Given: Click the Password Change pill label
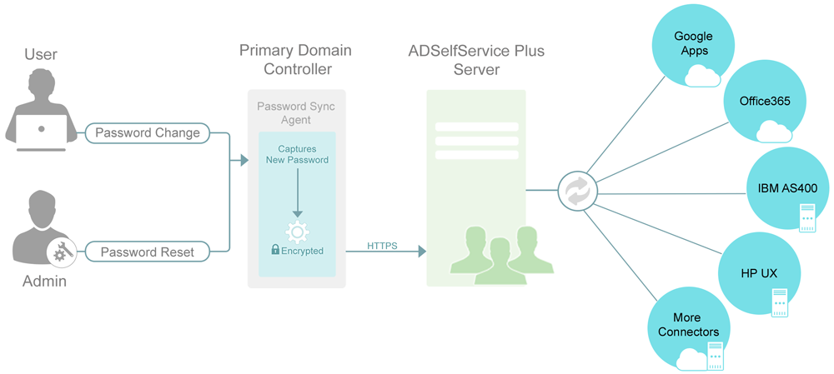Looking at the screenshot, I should [x=148, y=132].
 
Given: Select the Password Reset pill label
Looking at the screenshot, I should [x=147, y=252].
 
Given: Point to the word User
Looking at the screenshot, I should [x=41, y=54].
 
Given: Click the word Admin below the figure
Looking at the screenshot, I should [x=44, y=282].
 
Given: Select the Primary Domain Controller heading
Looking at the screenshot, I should [x=295, y=60].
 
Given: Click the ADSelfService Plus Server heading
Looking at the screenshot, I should [x=476, y=60].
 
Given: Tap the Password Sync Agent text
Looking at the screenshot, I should [x=296, y=113].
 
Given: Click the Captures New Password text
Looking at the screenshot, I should [x=297, y=154].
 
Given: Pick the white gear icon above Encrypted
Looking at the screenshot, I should [x=297, y=231].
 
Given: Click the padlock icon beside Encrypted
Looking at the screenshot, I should [x=274, y=250].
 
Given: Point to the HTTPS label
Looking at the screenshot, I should [x=382, y=246].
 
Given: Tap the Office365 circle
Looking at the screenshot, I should [x=764, y=102].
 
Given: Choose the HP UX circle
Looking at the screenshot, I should [x=758, y=273].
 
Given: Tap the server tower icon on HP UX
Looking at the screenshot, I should [x=780, y=302].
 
